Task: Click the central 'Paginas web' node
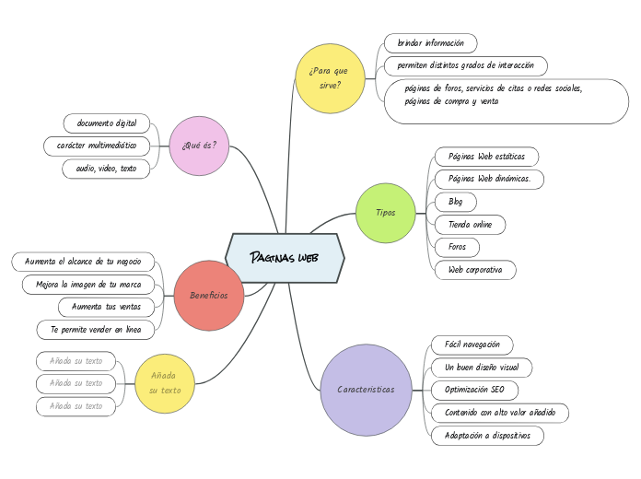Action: tap(285, 257)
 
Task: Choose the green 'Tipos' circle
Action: tap(386, 213)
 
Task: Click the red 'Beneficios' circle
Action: tap(208, 295)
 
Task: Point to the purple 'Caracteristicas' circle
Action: tap(366, 390)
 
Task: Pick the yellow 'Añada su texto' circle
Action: tap(166, 382)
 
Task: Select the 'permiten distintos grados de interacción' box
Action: tap(466, 66)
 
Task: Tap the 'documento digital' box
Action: tap(107, 123)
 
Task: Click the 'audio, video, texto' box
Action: tap(106, 169)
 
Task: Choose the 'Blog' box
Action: tap(456, 201)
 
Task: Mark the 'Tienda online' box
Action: tap(470, 224)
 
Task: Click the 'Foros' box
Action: tap(457, 247)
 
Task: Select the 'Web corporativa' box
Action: tap(475, 270)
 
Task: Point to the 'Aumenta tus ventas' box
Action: tap(106, 306)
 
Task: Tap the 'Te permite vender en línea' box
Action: tap(96, 329)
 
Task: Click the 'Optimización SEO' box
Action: tap(474, 390)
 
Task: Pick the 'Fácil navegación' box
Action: tap(472, 345)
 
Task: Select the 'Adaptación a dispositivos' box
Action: tap(487, 436)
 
